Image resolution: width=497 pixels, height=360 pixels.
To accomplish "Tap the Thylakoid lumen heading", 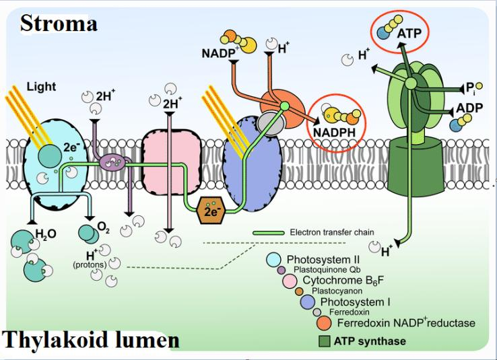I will (x=92, y=340).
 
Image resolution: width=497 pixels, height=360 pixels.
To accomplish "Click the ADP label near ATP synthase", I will (x=469, y=108).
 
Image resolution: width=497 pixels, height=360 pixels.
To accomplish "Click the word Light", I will (x=41, y=87).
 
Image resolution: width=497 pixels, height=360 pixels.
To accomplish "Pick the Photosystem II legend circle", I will (x=274, y=259).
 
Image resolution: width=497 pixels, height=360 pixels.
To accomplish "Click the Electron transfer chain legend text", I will (x=331, y=233).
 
